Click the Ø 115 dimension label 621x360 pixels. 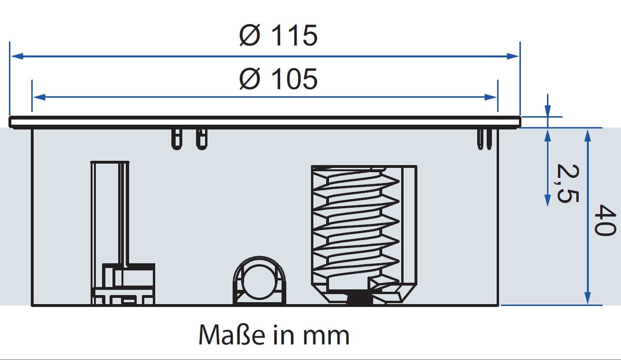click(x=278, y=35)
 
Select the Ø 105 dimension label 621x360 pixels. click(x=278, y=79)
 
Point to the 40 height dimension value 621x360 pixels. click(x=605, y=221)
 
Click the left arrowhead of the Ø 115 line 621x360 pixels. click(x=17, y=56)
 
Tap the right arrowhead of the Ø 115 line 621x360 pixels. click(x=513, y=56)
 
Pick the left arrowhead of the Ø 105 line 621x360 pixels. click(x=39, y=97)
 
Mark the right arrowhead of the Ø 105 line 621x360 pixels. click(x=491, y=97)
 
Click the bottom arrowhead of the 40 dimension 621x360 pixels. click(x=588, y=298)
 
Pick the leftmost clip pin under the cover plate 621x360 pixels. click(x=176, y=139)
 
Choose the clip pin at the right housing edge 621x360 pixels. click(x=485, y=139)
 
